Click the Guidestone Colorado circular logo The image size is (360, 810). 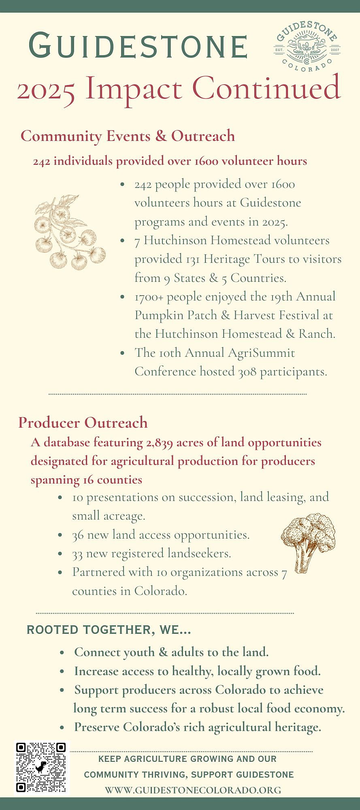click(307, 47)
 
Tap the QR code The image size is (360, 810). click(41, 767)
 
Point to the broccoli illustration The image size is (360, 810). click(309, 541)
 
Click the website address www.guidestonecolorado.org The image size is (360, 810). click(193, 790)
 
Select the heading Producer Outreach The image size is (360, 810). click(83, 422)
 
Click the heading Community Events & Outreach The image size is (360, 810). click(128, 136)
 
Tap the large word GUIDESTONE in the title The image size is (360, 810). click(138, 45)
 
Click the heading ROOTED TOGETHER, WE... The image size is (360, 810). click(108, 630)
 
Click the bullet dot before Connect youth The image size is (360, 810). click(62, 652)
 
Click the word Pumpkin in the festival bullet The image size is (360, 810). click(156, 315)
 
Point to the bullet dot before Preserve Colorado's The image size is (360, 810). click(62, 727)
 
